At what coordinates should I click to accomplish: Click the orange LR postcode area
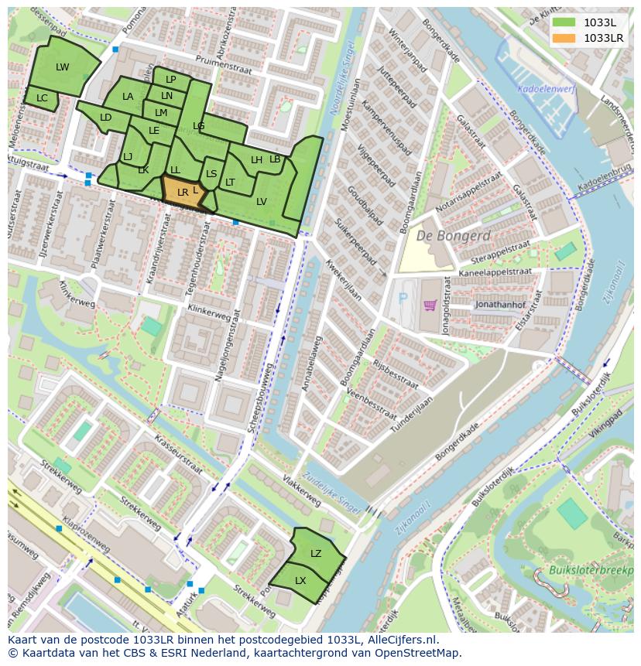183,193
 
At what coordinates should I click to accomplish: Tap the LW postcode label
63,67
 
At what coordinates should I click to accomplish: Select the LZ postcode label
316,554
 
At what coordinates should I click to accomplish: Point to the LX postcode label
300,581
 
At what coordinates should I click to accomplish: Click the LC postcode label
42,98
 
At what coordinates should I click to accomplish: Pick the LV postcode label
262,201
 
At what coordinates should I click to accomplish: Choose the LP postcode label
171,80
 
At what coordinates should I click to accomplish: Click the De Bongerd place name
454,236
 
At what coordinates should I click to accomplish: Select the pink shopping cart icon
430,305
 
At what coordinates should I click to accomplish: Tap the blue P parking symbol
400,296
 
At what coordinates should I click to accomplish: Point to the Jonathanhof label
500,305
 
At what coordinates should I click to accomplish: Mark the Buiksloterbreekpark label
593,571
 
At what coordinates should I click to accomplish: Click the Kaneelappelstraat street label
495,272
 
